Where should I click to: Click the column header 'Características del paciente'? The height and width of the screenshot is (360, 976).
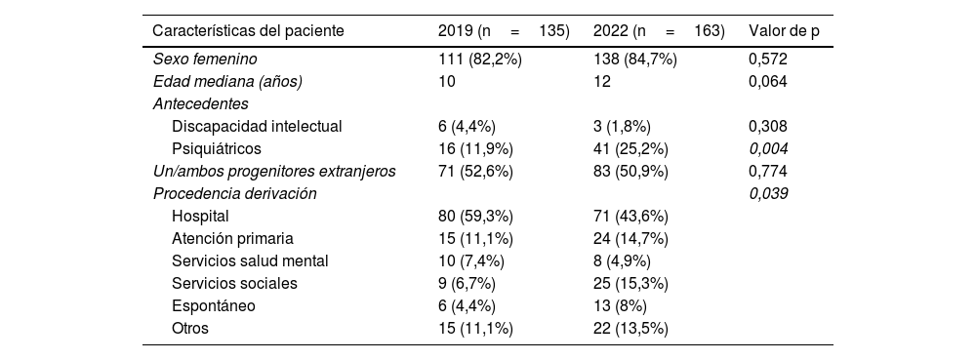click(248, 31)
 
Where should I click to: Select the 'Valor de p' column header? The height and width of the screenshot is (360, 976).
click(783, 31)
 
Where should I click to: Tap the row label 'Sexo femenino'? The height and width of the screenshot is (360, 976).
click(205, 60)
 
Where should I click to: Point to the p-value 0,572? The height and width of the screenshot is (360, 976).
click(768, 60)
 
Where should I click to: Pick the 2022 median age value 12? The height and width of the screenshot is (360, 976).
click(602, 82)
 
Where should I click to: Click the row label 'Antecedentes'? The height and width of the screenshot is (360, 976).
click(200, 103)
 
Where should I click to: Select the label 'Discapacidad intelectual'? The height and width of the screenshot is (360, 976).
click(257, 126)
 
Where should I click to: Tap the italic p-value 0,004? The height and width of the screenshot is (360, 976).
click(768, 148)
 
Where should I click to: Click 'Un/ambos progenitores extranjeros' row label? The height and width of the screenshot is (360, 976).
click(274, 171)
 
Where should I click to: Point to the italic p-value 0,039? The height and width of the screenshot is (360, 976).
click(768, 193)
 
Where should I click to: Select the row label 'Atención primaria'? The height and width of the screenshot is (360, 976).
click(232, 238)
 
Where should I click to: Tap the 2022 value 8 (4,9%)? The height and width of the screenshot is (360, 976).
click(622, 260)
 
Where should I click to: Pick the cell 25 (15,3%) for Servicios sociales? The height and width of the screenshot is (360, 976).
click(634, 283)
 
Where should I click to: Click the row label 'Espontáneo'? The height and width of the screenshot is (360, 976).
click(213, 305)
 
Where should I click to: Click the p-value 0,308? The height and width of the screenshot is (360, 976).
click(768, 126)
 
